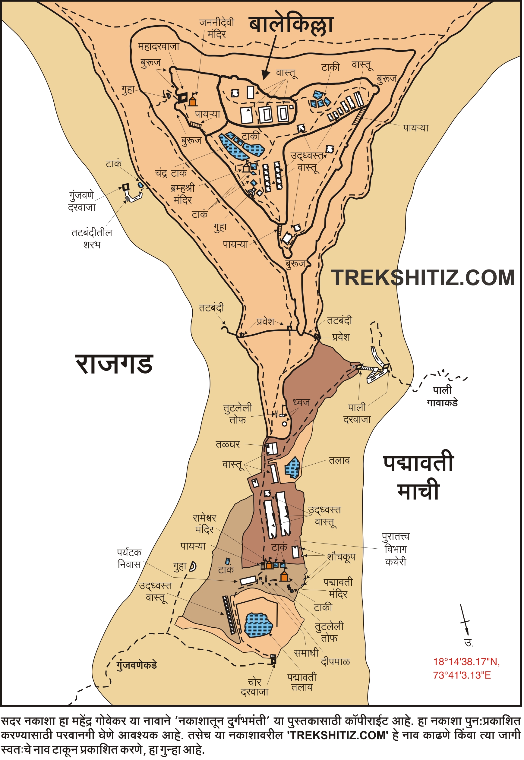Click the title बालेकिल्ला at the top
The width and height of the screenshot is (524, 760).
pos(291,26)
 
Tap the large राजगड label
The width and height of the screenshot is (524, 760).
pos(115,364)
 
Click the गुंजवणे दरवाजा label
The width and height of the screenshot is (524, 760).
pos(82,202)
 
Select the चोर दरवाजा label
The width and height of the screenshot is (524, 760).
pos(254,687)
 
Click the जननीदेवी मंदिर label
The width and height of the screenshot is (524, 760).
pos(217,28)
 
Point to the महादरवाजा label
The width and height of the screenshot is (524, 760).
pos(159,46)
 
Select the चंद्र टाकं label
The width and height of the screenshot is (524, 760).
pos(171,173)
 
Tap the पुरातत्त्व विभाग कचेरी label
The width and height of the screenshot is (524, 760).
pos(396,550)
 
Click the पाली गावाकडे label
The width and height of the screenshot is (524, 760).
pos(442,396)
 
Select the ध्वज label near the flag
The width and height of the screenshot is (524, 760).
pos(301,402)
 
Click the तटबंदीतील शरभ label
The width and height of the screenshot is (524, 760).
pos(92,239)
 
